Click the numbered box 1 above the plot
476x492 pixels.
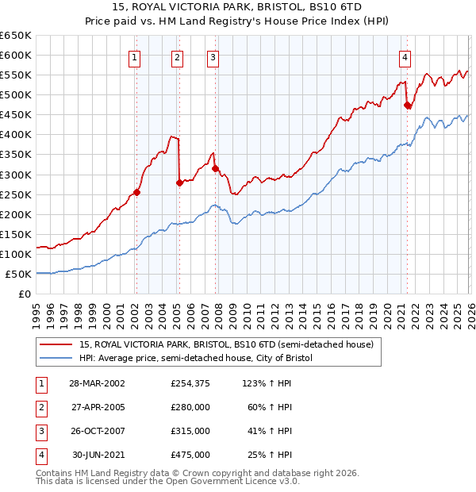(136, 57)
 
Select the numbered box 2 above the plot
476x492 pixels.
(177, 57)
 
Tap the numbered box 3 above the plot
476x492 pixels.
(213, 57)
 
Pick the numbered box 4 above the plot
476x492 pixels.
(405, 57)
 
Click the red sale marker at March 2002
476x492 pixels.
(136, 192)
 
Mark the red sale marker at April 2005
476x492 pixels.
(179, 183)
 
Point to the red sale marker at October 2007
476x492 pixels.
(214, 168)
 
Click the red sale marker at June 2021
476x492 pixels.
(407, 105)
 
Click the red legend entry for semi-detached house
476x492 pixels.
(210, 344)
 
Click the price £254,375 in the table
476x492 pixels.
(190, 383)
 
